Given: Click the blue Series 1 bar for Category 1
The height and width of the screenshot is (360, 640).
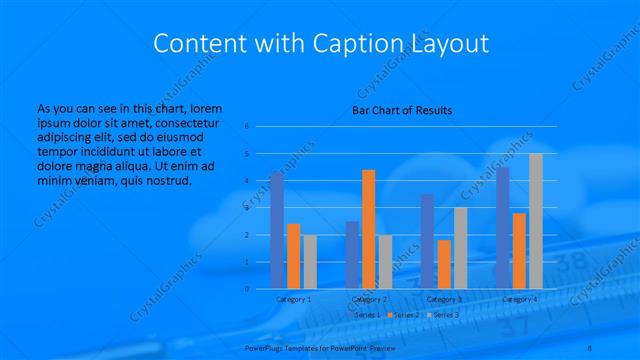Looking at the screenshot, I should (x=277, y=231).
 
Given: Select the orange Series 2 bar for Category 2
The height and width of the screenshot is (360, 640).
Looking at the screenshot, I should (x=369, y=229).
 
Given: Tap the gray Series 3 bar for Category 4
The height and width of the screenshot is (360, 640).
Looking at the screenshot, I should (x=536, y=221).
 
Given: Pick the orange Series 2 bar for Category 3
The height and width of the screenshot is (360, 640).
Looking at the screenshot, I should (x=444, y=264).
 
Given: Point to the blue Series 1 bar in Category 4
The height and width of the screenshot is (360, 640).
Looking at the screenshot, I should (x=503, y=228).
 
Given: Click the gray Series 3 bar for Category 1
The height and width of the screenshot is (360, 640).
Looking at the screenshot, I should (x=310, y=262).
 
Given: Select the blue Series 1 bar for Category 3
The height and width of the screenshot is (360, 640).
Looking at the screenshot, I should (x=428, y=241).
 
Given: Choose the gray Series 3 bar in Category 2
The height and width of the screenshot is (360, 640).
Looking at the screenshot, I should (x=385, y=262).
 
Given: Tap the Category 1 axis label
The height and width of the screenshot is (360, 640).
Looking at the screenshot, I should (x=293, y=299).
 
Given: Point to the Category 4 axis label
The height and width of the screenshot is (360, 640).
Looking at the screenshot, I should (x=519, y=299).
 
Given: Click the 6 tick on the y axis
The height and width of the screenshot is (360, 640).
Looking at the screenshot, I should (x=246, y=127).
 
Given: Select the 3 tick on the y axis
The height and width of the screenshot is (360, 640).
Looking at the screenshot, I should (x=246, y=208).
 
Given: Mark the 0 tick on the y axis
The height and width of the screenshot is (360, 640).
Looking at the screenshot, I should (x=246, y=289).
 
